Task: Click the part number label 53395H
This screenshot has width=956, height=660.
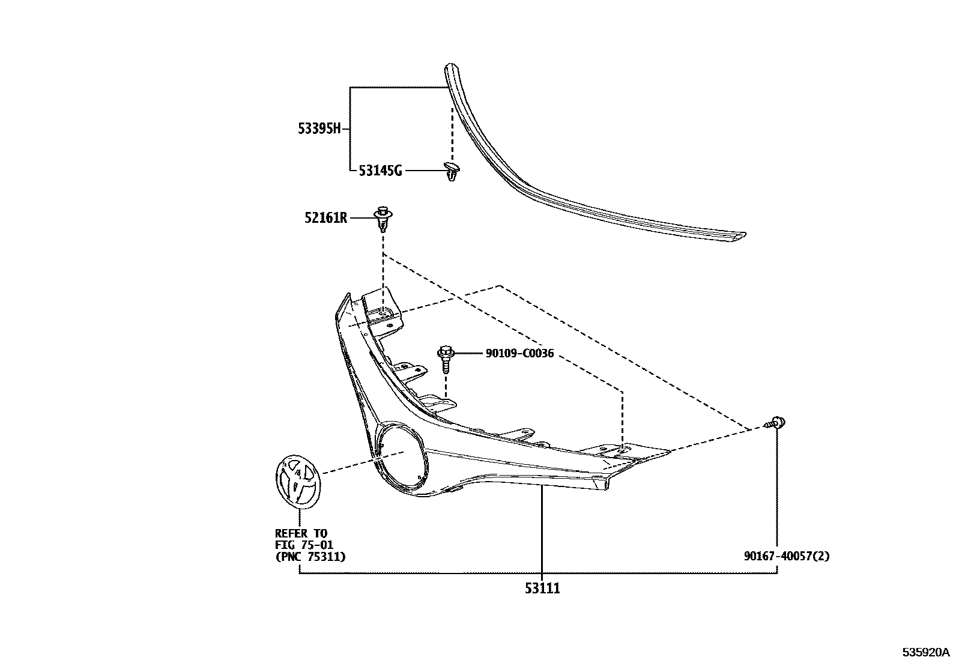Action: pos(319,129)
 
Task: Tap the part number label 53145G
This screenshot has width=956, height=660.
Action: pos(380,171)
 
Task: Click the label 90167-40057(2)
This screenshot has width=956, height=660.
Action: pos(787,556)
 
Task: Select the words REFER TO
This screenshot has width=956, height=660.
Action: pos(301,533)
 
